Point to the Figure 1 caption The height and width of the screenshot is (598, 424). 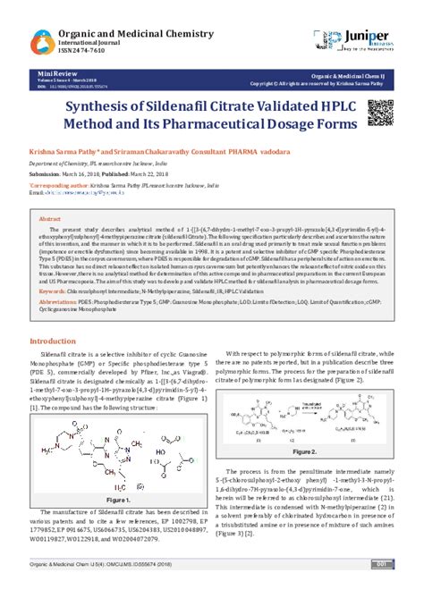(x=118, y=497)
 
